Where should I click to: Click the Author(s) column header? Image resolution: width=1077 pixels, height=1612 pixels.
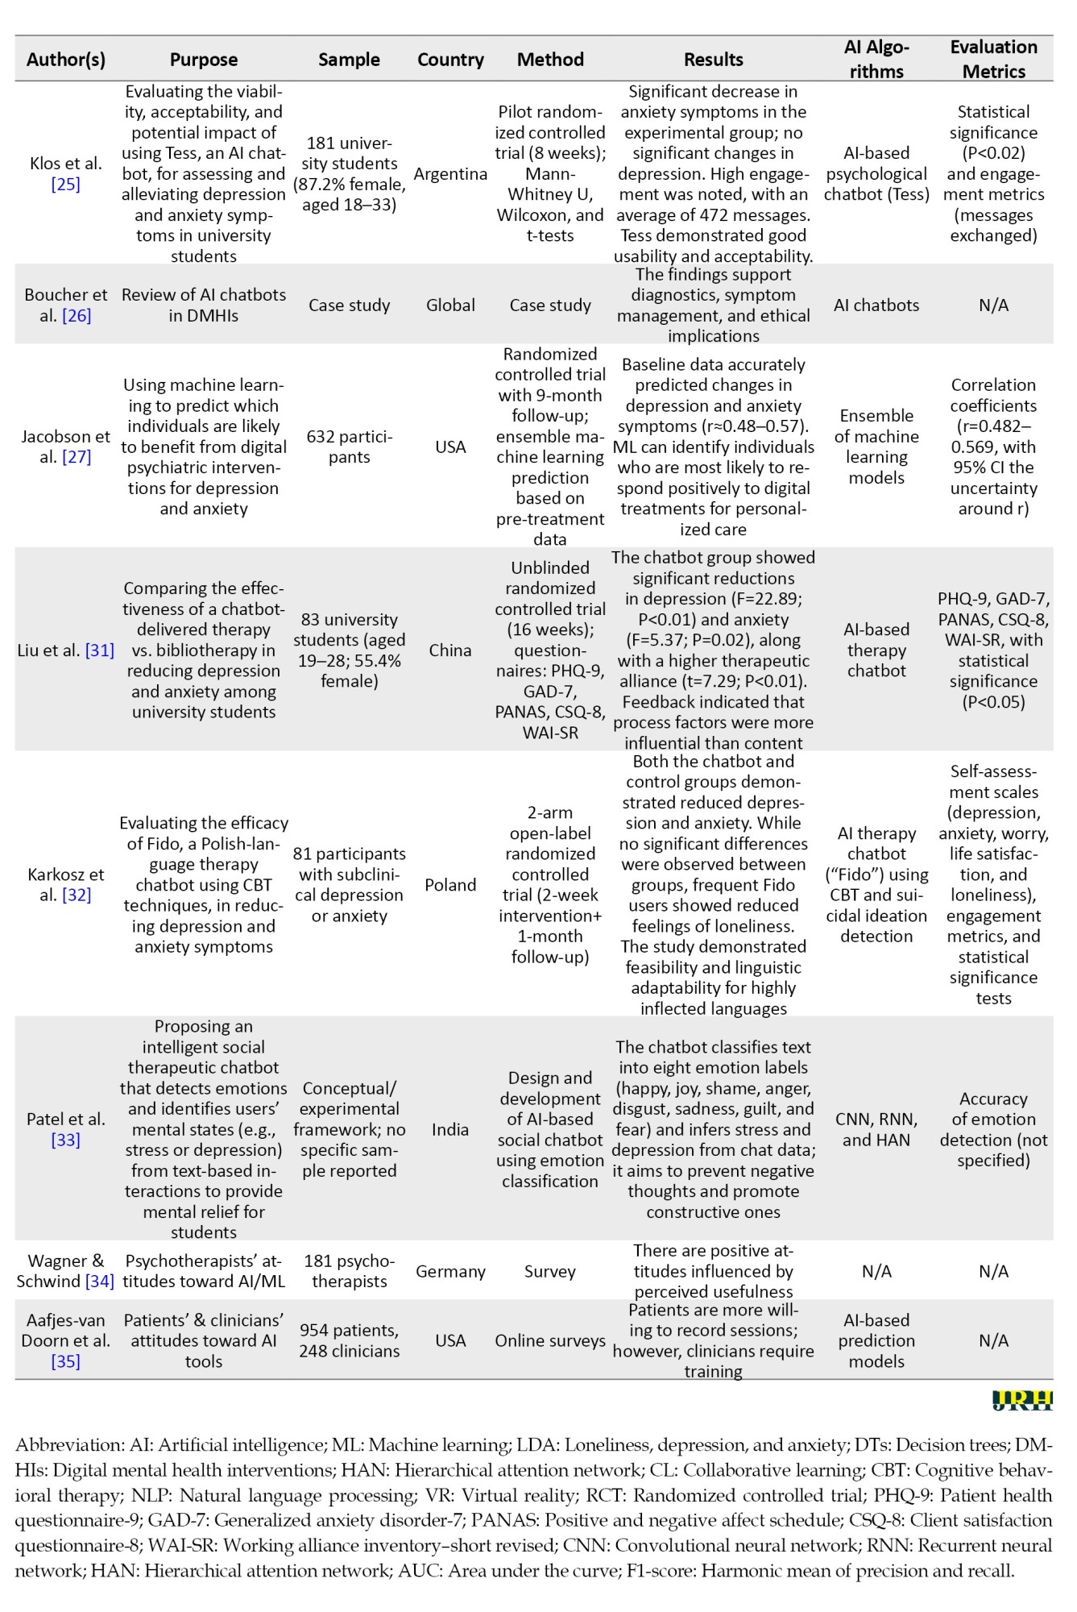pyautogui.click(x=65, y=60)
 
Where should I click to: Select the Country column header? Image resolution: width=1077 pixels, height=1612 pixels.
pyautogui.click(x=450, y=60)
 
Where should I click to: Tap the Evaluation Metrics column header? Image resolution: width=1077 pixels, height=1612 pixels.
pyautogui.click(x=993, y=59)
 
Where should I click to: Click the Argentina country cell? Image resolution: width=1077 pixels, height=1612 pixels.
pyautogui.click(x=450, y=174)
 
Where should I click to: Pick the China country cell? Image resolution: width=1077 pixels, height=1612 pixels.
pyautogui.click(x=450, y=650)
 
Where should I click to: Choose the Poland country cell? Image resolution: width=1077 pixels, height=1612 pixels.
pyautogui.click(x=450, y=885)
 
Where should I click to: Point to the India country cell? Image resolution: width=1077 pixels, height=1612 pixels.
pyautogui.click(x=450, y=1129)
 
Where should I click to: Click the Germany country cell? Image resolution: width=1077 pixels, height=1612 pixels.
pyautogui.click(x=450, y=1271)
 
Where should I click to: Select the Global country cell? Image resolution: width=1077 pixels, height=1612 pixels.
pyautogui.click(x=450, y=305)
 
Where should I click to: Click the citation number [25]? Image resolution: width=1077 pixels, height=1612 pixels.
pyautogui.click(x=65, y=185)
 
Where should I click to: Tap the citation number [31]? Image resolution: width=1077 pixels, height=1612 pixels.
pyautogui.click(x=100, y=650)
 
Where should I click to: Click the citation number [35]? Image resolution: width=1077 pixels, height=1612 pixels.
pyautogui.click(x=65, y=1361)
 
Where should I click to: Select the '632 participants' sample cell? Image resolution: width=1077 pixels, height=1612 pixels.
pyautogui.click(x=349, y=447)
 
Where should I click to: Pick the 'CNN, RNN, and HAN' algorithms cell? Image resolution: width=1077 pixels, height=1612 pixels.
pyautogui.click(x=876, y=1129)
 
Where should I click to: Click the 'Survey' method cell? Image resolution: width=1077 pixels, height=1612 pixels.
pyautogui.click(x=550, y=1271)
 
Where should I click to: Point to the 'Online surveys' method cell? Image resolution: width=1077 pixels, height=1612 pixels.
pyautogui.click(x=550, y=1340)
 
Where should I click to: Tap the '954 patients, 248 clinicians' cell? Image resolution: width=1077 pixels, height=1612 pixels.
pyautogui.click(x=349, y=1340)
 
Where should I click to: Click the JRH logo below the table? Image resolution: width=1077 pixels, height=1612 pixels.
pyautogui.click(x=1022, y=1401)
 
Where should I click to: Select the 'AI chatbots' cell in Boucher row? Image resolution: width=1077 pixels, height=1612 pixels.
pyautogui.click(x=876, y=305)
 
